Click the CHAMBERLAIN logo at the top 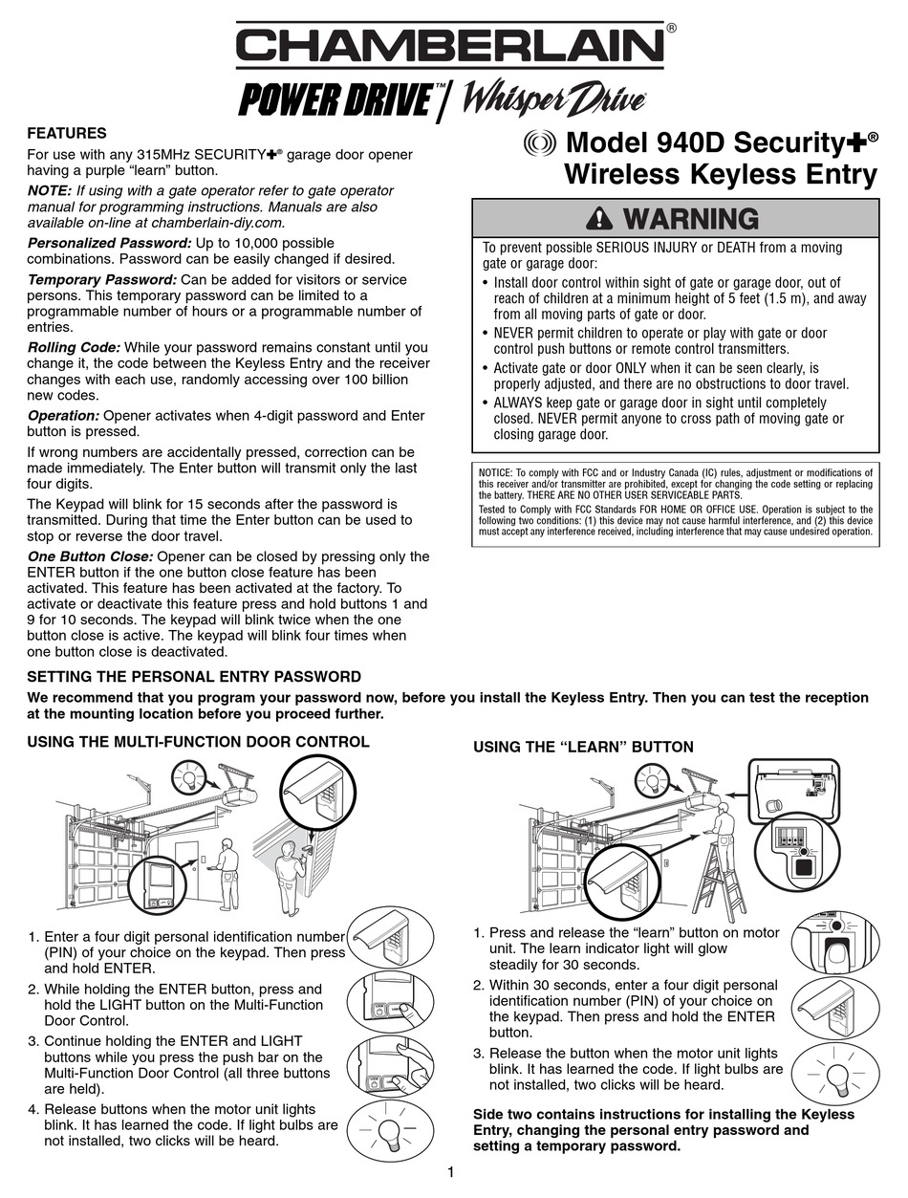(451, 46)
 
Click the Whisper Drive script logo (554, 99)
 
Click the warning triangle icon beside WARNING (599, 219)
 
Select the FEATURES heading (66, 133)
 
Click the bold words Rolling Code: (74, 347)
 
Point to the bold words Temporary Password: (101, 279)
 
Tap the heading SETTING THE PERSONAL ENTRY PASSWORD (194, 677)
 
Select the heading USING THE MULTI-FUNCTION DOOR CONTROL (198, 741)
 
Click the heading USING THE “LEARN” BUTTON (583, 747)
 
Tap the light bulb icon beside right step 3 (834, 1071)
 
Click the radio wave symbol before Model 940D (540, 144)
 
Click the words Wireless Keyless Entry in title (720, 175)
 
